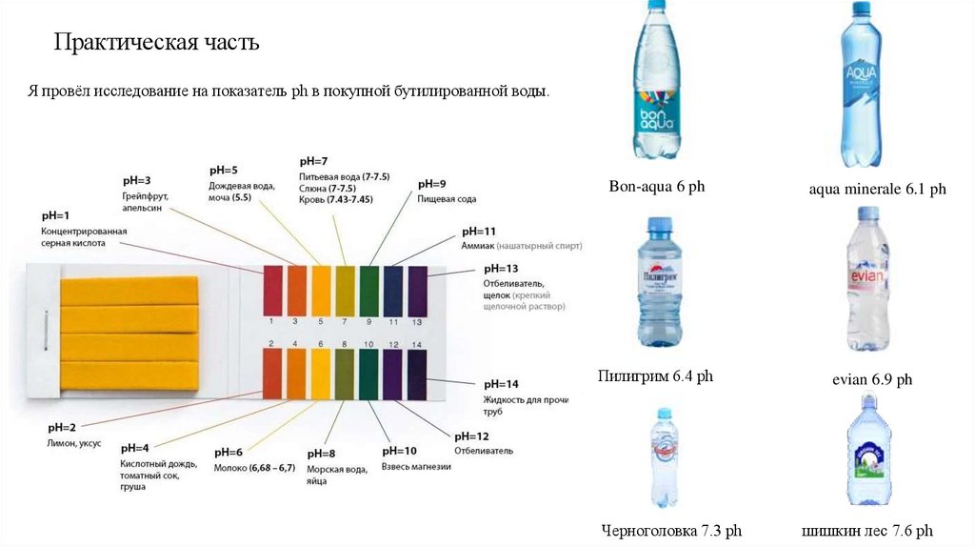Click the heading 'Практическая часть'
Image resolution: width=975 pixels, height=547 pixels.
click(156, 44)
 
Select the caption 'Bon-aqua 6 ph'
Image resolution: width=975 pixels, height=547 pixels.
click(656, 187)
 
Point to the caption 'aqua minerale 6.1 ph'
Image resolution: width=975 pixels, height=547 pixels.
click(877, 190)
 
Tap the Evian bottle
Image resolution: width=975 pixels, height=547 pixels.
click(867, 280)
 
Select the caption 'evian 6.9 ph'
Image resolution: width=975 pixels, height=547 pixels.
click(872, 379)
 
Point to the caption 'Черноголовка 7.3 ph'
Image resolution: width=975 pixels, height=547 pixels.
click(671, 531)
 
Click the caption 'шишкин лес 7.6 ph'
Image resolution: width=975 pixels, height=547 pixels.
click(867, 531)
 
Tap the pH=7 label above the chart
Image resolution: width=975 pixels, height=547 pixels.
click(313, 161)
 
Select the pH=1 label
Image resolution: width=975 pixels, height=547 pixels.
click(55, 215)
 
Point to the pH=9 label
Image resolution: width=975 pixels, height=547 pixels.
click(431, 183)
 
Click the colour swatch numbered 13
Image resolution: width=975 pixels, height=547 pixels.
click(417, 291)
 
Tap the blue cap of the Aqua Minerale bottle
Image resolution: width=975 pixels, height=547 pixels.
click(861, 8)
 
